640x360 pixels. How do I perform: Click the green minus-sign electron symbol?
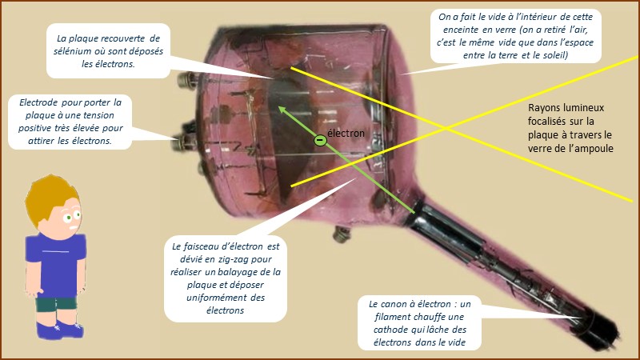(x=321, y=141)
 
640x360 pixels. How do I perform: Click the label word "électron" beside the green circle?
(x=346, y=133)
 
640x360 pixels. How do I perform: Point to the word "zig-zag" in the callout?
(x=233, y=259)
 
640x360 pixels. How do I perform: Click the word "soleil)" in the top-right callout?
(x=554, y=55)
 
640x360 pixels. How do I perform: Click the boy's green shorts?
(x=56, y=305)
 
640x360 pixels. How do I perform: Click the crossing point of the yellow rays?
(x=447, y=129)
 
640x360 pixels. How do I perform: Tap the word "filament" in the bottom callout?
(x=392, y=317)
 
